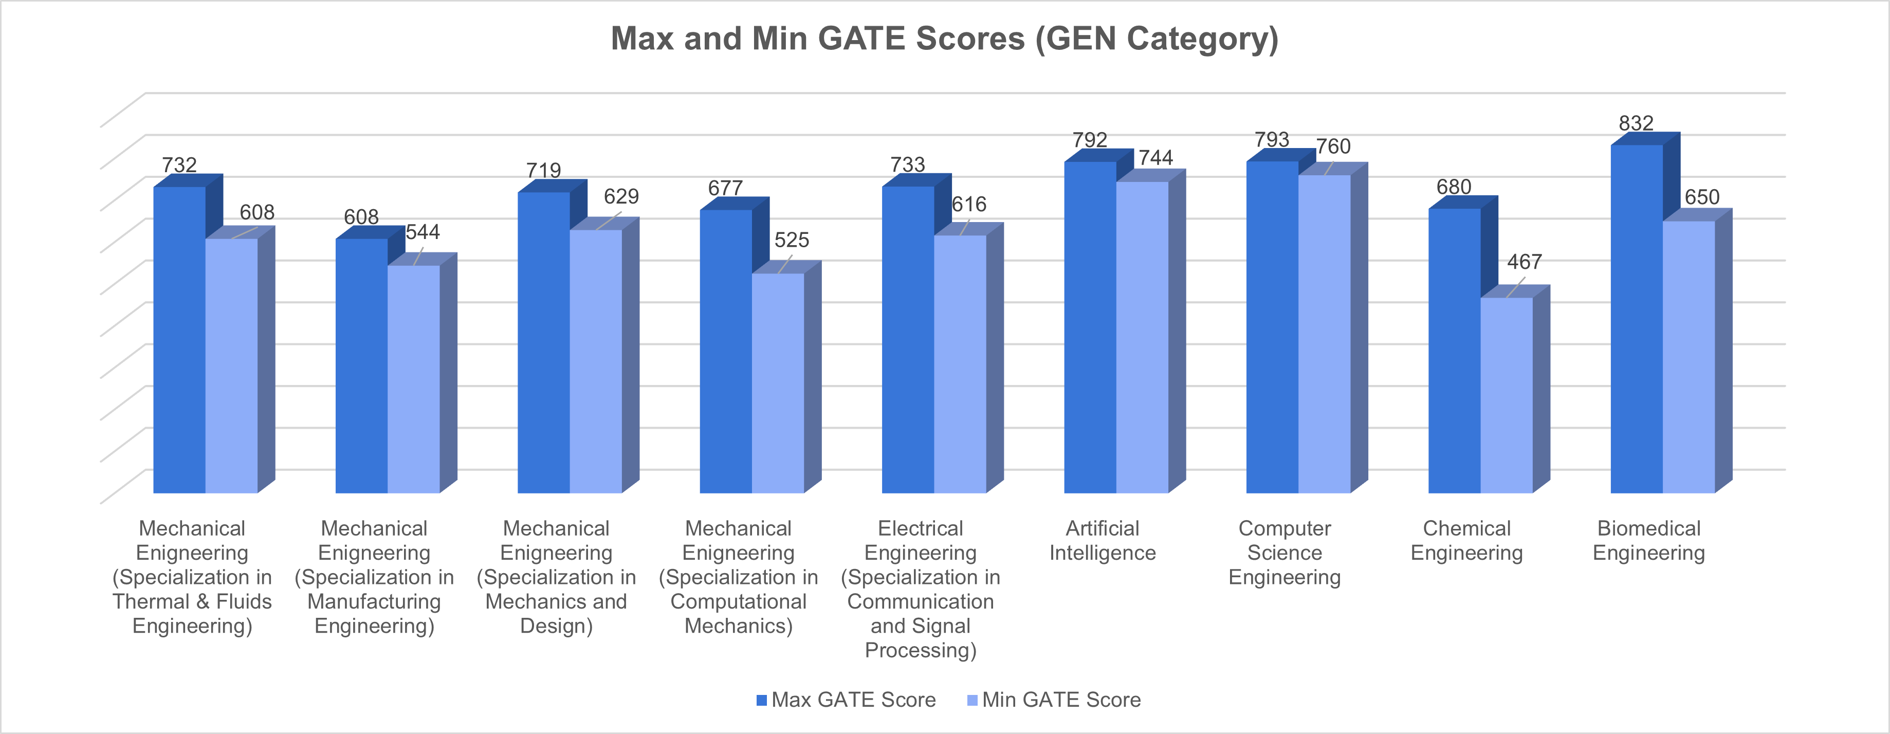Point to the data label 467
coord(1524,262)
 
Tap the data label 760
coord(1333,147)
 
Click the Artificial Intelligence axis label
coord(1102,540)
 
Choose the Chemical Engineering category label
coord(1466,540)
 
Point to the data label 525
coord(792,240)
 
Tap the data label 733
coord(908,164)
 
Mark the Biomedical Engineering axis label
coord(1648,540)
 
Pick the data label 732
coord(179,164)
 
